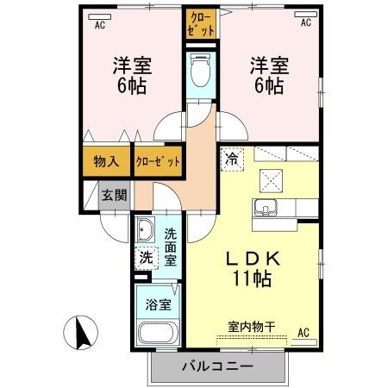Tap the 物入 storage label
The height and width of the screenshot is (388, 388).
(x=106, y=160)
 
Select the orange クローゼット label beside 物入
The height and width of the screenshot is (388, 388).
(x=158, y=161)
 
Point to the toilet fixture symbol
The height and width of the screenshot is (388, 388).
(x=200, y=70)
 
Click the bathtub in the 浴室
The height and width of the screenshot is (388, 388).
(x=156, y=333)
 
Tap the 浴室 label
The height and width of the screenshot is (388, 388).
(x=157, y=304)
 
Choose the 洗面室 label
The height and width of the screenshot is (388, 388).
(x=170, y=247)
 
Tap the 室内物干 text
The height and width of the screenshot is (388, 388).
(x=252, y=326)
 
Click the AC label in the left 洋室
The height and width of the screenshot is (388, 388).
(x=99, y=24)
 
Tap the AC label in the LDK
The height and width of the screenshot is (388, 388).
(x=304, y=332)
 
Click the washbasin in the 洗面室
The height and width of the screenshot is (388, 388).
(x=146, y=232)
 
